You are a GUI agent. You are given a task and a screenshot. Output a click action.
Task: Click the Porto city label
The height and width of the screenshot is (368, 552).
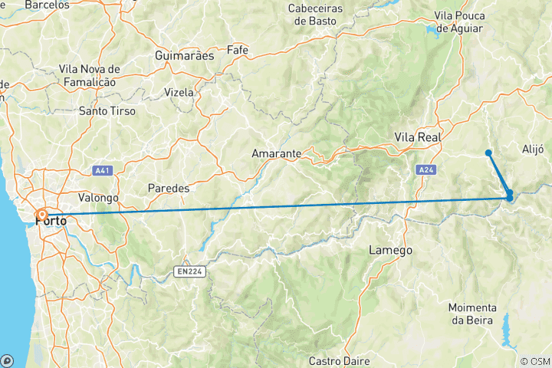click(x=52, y=222)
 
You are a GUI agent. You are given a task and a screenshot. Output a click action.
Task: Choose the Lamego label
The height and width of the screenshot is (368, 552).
click(x=391, y=250)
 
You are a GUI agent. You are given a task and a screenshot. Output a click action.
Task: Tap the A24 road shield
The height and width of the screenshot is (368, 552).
click(x=426, y=169)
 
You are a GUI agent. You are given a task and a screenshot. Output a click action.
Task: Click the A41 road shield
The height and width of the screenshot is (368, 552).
click(x=102, y=170)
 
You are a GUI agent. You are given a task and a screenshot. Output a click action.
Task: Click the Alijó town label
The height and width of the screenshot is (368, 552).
click(x=532, y=149)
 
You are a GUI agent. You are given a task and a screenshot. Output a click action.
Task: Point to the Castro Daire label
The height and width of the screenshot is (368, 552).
click(x=340, y=360)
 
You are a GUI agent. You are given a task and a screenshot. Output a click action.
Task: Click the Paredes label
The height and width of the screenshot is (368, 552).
click(x=168, y=188)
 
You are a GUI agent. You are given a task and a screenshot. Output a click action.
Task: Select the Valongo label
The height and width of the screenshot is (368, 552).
click(x=97, y=197)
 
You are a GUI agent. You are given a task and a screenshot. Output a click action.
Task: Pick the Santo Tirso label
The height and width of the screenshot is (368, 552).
click(x=107, y=111)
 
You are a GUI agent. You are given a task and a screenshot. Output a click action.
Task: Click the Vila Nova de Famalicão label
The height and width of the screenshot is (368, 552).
click(x=87, y=75)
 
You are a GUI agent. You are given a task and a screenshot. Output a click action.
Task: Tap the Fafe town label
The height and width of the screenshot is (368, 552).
click(x=238, y=50)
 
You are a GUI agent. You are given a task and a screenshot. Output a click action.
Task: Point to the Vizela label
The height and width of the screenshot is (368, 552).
click(x=179, y=92)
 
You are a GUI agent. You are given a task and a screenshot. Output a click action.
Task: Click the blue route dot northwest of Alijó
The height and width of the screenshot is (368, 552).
click(x=488, y=153)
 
